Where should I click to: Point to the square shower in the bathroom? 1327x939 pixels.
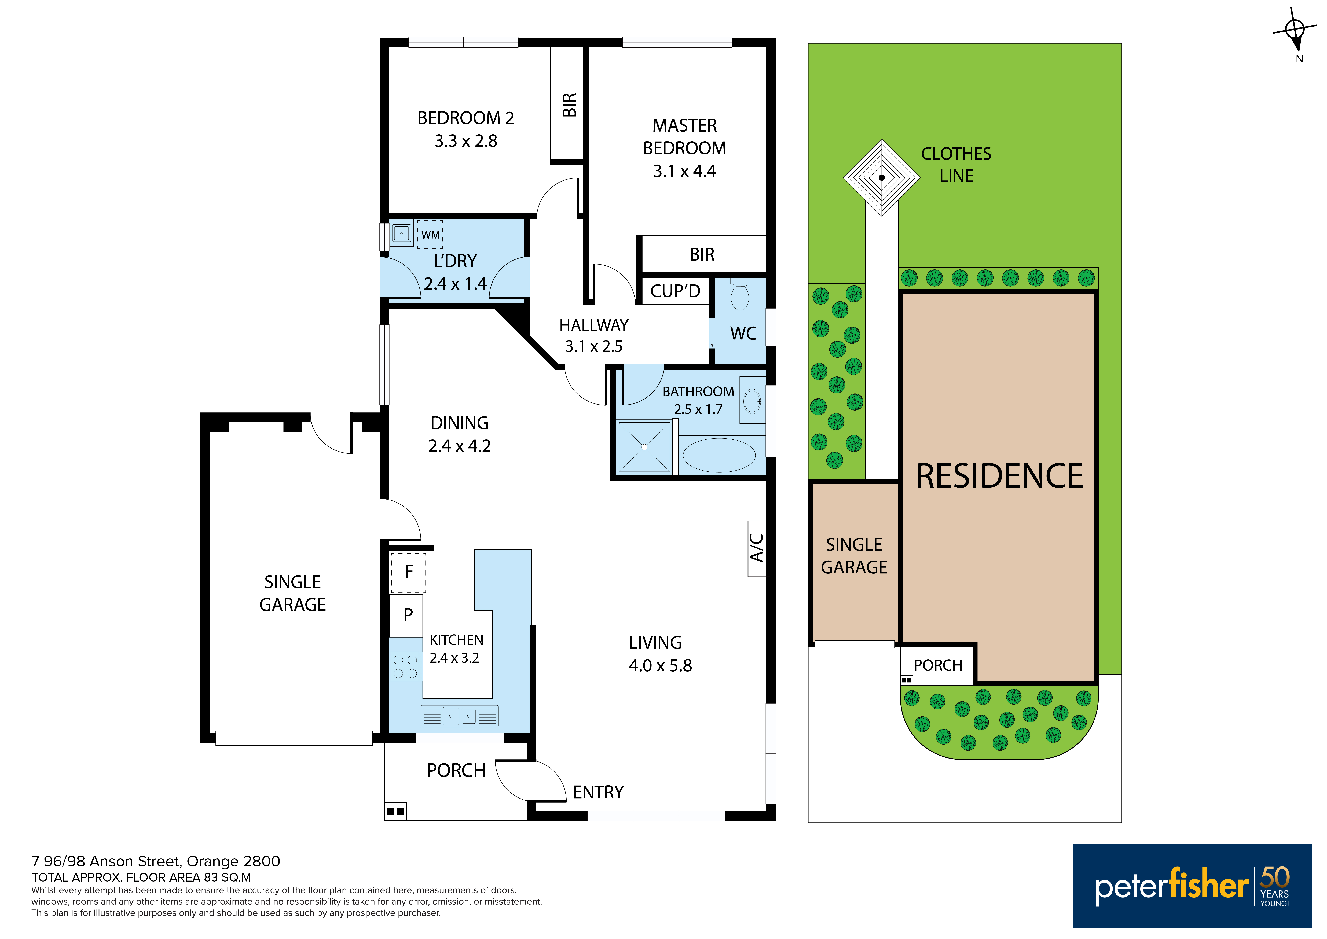644,447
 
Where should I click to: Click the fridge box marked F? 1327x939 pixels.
409,572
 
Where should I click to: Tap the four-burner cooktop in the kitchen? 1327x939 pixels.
405,666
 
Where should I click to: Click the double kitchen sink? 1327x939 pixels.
460,716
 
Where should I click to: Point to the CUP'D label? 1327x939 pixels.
675,291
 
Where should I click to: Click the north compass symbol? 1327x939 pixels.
1295,32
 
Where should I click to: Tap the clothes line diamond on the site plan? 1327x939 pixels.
881,178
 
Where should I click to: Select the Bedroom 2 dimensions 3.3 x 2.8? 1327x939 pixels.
466,141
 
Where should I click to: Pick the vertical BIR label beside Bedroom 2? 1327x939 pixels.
569,105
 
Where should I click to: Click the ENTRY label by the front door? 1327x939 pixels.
598,792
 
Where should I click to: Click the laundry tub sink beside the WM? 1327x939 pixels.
401,234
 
